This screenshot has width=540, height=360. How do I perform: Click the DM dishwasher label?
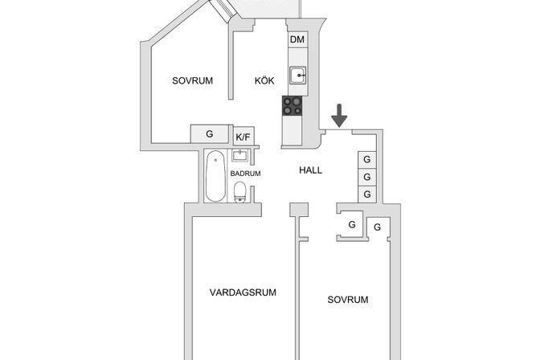tap(297, 39)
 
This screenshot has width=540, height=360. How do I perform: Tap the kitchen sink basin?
tap(297, 75)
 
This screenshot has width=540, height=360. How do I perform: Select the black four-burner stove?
tap(292, 105)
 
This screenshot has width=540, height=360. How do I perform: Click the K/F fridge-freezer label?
tap(243, 137)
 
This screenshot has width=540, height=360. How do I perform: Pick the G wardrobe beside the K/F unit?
tap(210, 134)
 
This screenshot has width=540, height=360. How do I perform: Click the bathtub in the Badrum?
tap(215, 176)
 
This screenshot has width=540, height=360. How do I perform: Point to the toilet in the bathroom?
tap(240, 192)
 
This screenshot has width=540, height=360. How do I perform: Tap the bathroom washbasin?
tap(239, 156)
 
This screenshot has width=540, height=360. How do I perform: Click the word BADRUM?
tap(245, 174)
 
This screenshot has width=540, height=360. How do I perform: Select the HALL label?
tap(311, 170)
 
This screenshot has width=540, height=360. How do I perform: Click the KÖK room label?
tap(264, 80)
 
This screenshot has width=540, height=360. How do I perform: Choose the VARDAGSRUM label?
tap(243, 292)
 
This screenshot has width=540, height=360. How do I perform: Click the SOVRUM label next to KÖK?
tap(193, 80)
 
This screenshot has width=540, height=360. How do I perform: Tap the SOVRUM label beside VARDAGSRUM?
tap(348, 300)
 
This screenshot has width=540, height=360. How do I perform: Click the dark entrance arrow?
tap(339, 116)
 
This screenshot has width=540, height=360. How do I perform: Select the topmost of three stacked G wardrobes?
tap(367, 159)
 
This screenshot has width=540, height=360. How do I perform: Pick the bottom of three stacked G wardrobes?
tap(367, 194)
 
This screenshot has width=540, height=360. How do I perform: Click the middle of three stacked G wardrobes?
tap(367, 177)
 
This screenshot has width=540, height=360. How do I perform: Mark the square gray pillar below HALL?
tap(299, 210)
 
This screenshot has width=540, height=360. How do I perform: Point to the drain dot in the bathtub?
tap(215, 160)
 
